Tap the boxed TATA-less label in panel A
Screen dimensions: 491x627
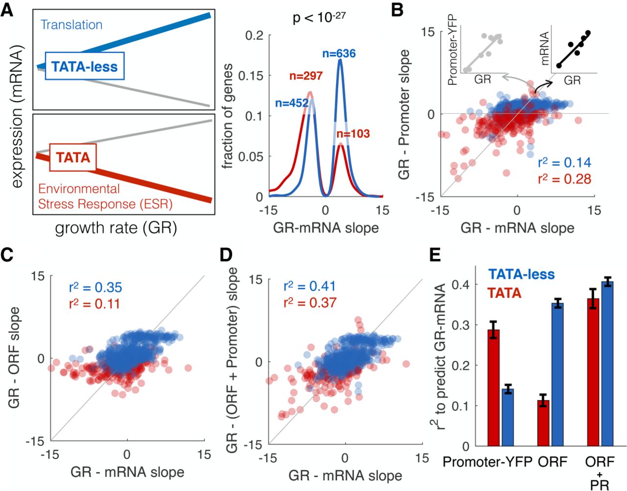[84, 66]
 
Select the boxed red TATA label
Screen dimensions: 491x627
[73, 157]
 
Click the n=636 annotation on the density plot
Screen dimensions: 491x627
[339, 53]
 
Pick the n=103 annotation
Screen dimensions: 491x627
[353, 134]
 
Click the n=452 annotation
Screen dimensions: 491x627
[291, 103]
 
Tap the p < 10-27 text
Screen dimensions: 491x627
[319, 18]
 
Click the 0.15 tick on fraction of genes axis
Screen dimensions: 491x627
[250, 76]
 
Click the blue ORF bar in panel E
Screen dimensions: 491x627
[557, 375]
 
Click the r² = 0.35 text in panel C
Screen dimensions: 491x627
[95, 287]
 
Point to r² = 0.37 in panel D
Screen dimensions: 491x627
[310, 303]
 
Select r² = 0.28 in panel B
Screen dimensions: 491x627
[564, 179]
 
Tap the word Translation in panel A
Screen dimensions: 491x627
[72, 25]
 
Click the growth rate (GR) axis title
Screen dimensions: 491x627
[116, 228]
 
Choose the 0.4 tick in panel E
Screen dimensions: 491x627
[460, 284]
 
